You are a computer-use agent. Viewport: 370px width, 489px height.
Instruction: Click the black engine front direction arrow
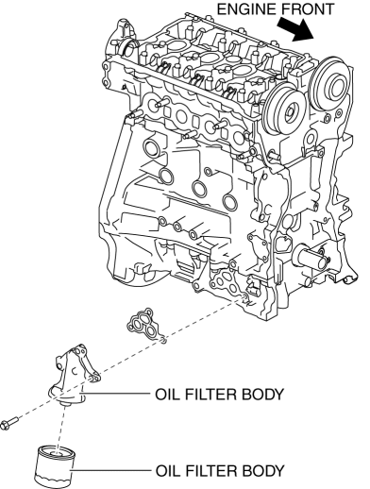point(296,29)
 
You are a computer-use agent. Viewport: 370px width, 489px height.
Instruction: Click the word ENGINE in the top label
point(246,9)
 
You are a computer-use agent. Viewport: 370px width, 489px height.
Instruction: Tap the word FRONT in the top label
point(307,9)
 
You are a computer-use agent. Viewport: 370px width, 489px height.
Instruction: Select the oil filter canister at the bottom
point(54,464)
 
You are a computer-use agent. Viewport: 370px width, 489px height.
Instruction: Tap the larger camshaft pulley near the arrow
point(331,83)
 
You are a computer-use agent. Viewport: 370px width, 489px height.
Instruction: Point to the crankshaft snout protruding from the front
point(309,257)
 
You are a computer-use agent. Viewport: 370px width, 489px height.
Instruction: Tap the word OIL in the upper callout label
point(167,395)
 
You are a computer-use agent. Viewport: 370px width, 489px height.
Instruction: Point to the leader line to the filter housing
point(115,394)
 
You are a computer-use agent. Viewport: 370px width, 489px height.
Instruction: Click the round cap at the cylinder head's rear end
point(127,49)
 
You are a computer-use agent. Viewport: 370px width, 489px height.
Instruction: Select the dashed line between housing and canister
point(61,426)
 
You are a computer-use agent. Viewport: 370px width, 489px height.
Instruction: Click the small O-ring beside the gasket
point(163,340)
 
